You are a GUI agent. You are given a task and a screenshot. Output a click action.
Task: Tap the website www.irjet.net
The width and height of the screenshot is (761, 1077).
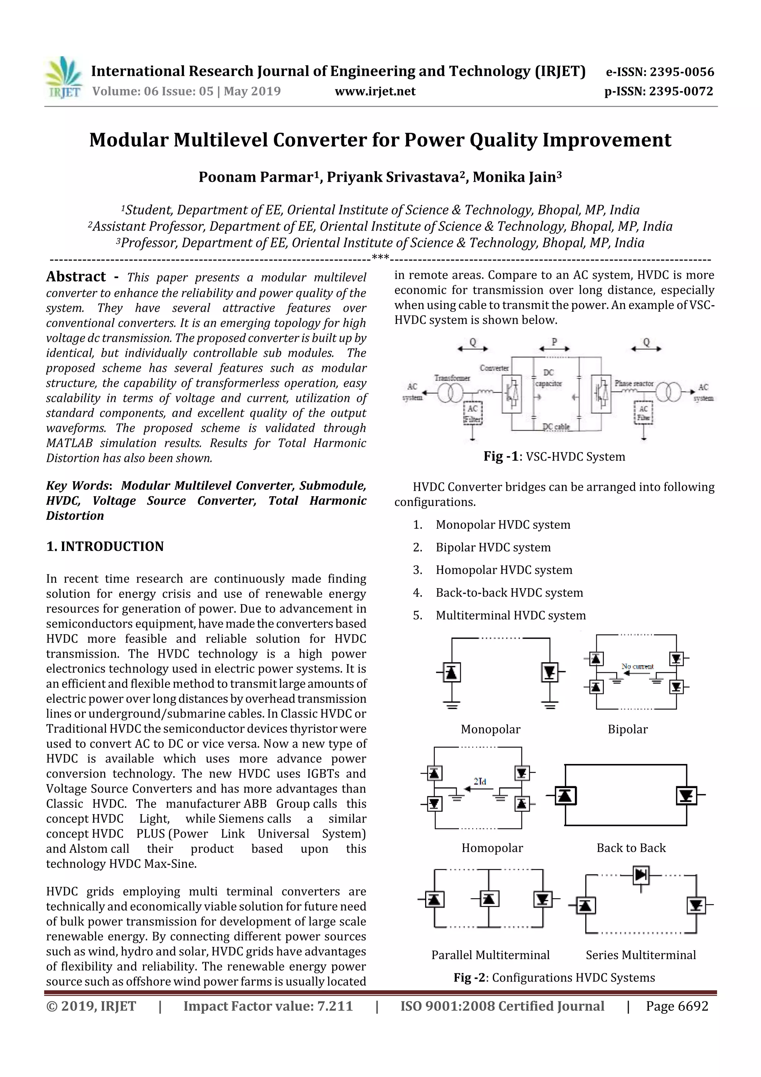click(375, 91)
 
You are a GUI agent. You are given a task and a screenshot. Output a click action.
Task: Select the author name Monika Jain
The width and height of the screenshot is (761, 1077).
click(517, 177)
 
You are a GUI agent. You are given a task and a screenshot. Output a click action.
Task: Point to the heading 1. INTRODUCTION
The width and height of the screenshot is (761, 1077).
click(105, 546)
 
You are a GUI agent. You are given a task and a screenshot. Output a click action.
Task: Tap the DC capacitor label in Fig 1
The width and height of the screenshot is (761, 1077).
click(548, 378)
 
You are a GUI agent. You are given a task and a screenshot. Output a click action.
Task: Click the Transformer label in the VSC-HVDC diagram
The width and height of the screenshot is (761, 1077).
click(452, 378)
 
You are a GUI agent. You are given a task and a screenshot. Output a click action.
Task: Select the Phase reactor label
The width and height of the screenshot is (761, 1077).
click(634, 383)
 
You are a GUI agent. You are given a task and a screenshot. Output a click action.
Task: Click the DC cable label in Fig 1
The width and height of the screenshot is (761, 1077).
click(556, 426)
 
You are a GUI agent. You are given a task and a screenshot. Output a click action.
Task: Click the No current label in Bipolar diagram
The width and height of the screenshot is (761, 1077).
click(637, 666)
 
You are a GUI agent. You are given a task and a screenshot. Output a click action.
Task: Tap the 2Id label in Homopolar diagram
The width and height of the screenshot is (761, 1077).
click(480, 781)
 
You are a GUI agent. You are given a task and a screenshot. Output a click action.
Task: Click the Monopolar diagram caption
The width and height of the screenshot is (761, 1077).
click(490, 729)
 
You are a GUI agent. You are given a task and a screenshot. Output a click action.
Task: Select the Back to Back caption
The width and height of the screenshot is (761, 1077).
click(631, 848)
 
